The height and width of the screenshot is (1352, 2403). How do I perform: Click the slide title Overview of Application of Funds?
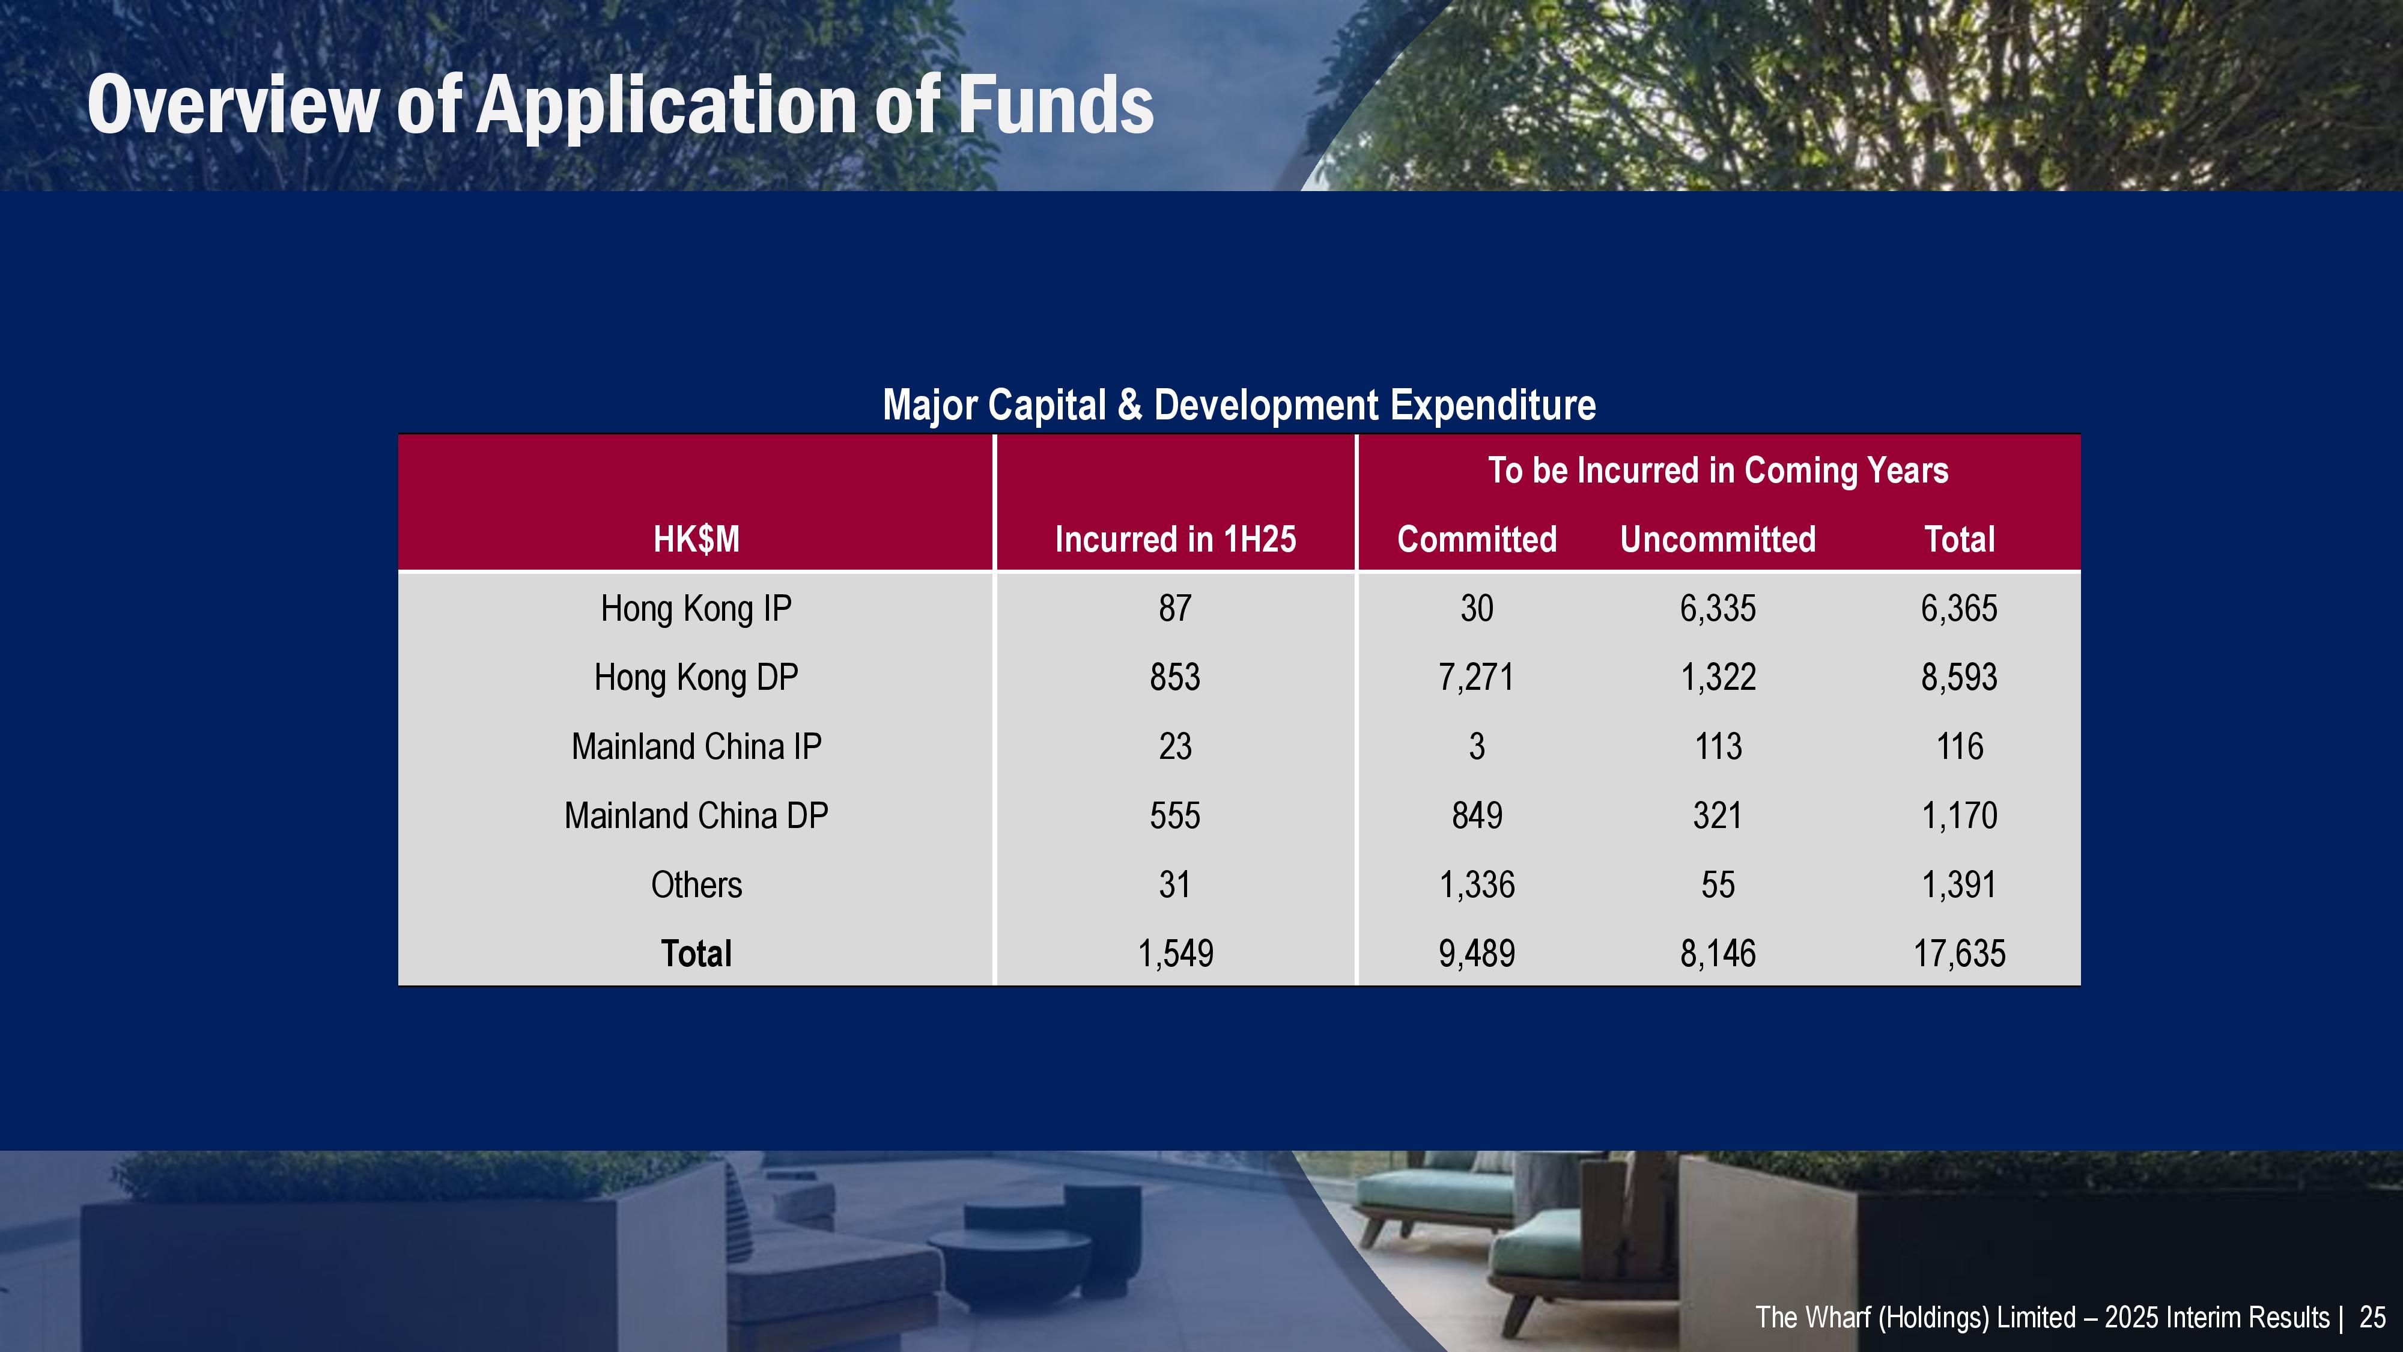(621, 105)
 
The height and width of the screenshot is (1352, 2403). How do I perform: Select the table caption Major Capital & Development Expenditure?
(1239, 405)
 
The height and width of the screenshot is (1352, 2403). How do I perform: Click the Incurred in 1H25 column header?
(1176, 540)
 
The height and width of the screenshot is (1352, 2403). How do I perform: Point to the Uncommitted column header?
(1718, 540)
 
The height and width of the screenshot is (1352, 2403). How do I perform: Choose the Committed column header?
(1477, 540)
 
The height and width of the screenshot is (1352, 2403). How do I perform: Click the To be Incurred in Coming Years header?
(1718, 470)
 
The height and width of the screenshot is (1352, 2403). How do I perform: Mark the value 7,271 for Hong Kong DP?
(1477, 677)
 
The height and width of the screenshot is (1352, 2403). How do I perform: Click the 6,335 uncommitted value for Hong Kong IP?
(1718, 608)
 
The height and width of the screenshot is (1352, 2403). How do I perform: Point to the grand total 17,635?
(1960, 954)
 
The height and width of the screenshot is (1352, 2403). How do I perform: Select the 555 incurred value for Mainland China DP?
(1176, 815)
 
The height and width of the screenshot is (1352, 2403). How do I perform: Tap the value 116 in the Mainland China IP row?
(1960, 746)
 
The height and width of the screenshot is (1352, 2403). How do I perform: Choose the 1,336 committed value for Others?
(1477, 885)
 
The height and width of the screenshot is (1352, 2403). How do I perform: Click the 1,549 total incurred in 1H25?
(1176, 954)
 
